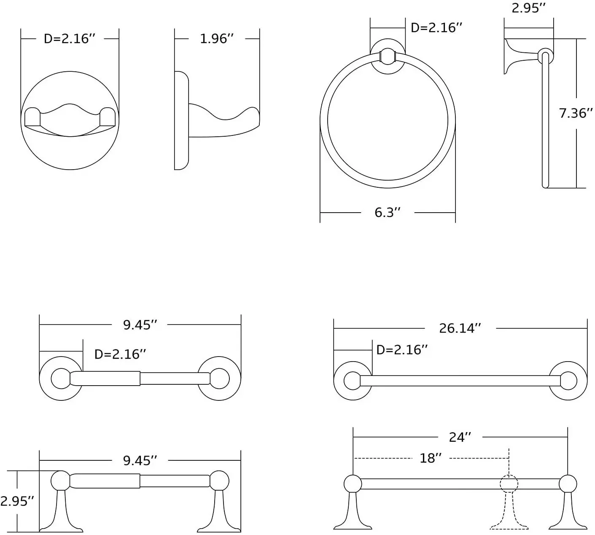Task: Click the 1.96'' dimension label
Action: click(x=216, y=39)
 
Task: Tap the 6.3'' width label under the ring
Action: click(x=387, y=212)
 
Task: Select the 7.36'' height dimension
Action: click(x=576, y=113)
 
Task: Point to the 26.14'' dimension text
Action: click(x=460, y=328)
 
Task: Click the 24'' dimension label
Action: click(x=460, y=437)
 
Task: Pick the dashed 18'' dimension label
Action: click(x=431, y=458)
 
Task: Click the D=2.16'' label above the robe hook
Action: click(x=70, y=39)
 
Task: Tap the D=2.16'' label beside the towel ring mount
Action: click(x=436, y=28)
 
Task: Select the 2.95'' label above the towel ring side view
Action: click(x=529, y=8)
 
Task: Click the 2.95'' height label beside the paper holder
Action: click(x=17, y=501)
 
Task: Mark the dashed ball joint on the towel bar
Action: click(x=509, y=484)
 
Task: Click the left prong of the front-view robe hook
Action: click(x=32, y=117)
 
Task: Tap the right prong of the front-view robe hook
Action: click(x=107, y=117)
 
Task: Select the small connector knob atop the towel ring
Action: click(x=387, y=57)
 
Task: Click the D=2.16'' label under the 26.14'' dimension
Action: click(x=402, y=350)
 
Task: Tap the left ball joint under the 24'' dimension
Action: click(x=353, y=484)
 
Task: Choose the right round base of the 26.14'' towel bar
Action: click(x=568, y=381)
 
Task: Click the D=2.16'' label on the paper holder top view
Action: click(x=120, y=354)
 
